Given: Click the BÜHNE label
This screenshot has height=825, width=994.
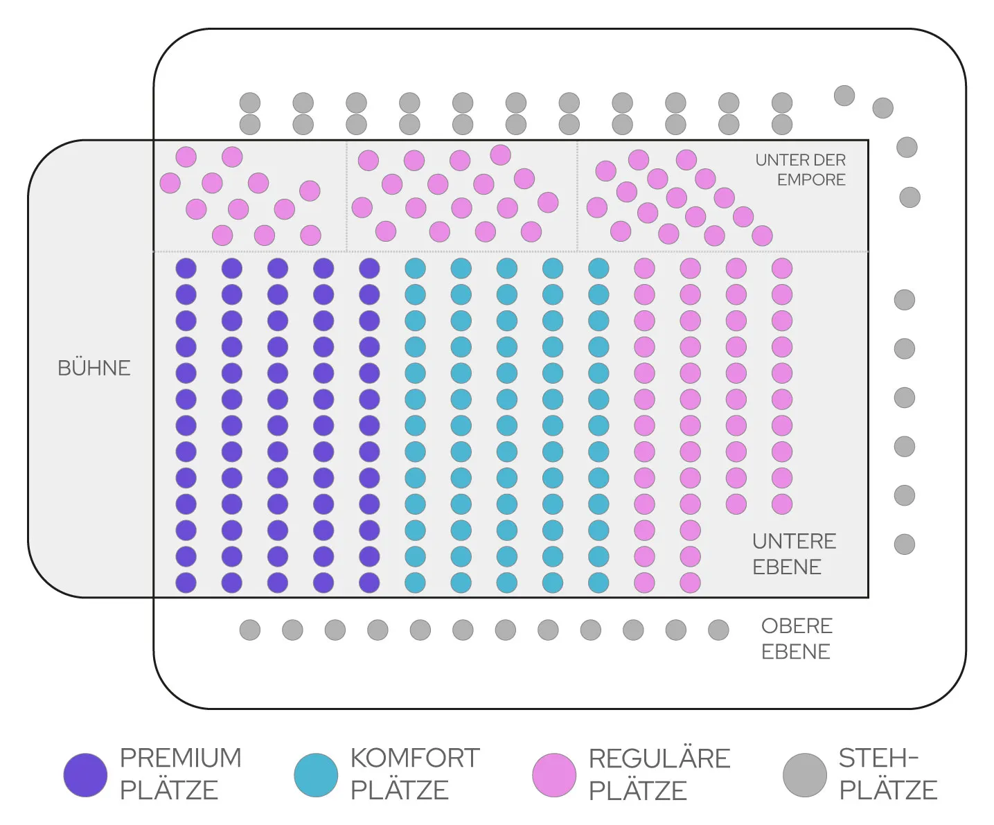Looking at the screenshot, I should pyautogui.click(x=94, y=368).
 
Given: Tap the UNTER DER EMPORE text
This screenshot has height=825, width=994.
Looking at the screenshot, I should pyautogui.click(x=801, y=170).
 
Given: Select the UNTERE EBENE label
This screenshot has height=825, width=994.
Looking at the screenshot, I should pyautogui.click(x=794, y=553).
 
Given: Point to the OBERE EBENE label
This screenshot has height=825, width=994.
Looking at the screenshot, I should pyautogui.click(x=797, y=638).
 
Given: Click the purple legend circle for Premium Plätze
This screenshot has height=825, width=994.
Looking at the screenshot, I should pyautogui.click(x=85, y=775).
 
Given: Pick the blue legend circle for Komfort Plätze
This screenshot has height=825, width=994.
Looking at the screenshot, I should pyautogui.click(x=316, y=775).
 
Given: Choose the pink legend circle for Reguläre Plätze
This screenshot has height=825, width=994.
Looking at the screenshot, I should pyautogui.click(x=554, y=775).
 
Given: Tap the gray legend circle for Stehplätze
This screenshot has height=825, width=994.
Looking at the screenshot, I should pyautogui.click(x=805, y=775).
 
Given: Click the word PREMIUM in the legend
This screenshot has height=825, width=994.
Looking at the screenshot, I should pyautogui.click(x=181, y=758).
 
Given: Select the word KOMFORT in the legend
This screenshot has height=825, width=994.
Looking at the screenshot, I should pyautogui.click(x=415, y=758).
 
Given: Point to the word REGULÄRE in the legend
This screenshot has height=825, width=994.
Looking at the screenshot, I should pyautogui.click(x=659, y=759).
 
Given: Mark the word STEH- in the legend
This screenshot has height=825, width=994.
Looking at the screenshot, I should pyautogui.click(x=878, y=758).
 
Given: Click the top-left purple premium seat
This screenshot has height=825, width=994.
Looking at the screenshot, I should pyautogui.click(x=186, y=268).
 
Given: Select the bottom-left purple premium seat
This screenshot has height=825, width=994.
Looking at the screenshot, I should pyautogui.click(x=186, y=583).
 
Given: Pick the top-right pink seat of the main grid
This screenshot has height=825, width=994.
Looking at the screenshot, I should pyautogui.click(x=782, y=268).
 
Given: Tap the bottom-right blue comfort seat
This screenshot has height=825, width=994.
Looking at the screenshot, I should pyautogui.click(x=598, y=583).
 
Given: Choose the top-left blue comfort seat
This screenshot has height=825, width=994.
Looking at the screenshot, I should pyautogui.click(x=415, y=268).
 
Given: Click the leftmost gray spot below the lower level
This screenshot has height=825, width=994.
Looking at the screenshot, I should pyautogui.click(x=250, y=630).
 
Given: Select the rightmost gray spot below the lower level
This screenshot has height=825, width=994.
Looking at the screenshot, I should pyautogui.click(x=718, y=630).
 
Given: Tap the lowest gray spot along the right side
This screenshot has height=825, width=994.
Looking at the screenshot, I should pyautogui.click(x=905, y=544).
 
